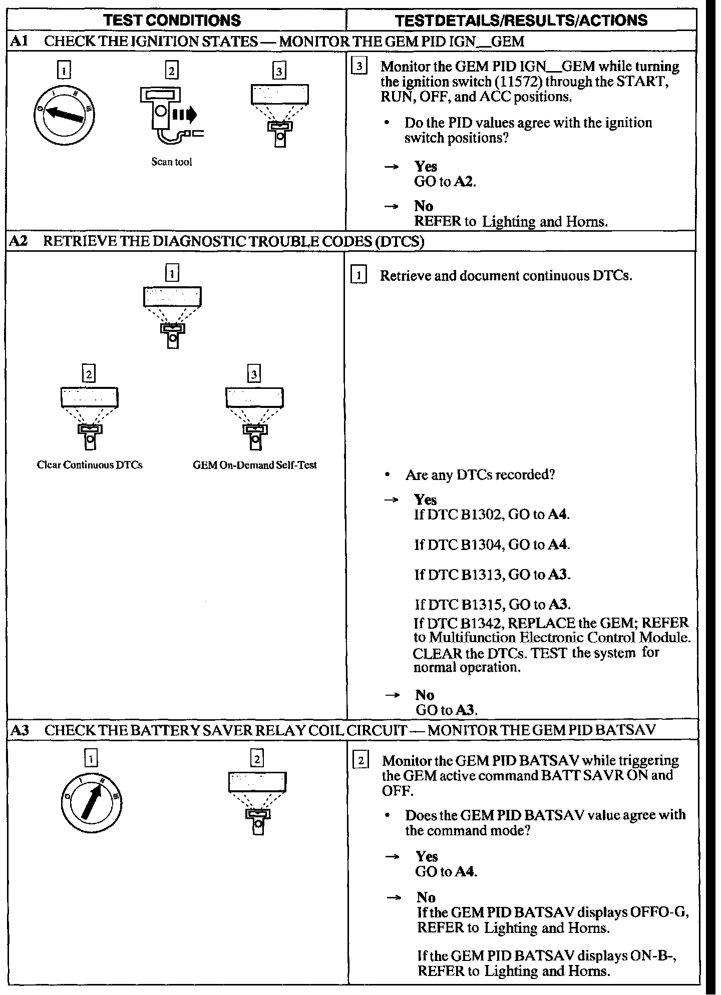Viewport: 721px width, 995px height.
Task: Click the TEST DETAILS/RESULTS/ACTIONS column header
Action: pos(521,20)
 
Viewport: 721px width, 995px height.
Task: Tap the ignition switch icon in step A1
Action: pos(65,115)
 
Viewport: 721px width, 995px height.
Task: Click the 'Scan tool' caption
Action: pos(172,162)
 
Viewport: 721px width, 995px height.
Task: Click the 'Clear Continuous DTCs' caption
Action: pos(90,465)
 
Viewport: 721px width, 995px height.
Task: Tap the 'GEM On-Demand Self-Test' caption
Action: pos(255,465)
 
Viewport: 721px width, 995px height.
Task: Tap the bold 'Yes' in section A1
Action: pos(426,166)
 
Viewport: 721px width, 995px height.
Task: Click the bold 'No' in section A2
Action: pos(425,695)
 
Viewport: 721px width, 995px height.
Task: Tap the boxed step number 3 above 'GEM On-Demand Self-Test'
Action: pos(254,374)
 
